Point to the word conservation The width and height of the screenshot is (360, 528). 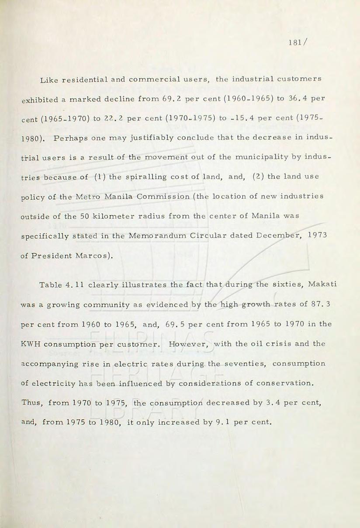[285, 383]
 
